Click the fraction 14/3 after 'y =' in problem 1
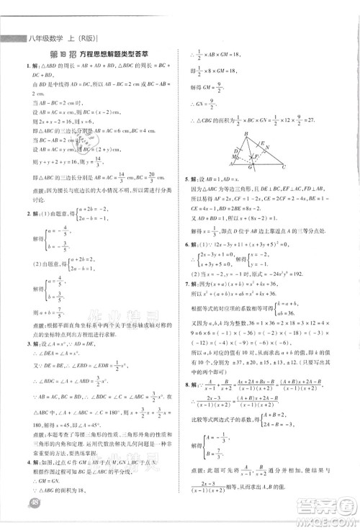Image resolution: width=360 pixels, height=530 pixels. [78, 162]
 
